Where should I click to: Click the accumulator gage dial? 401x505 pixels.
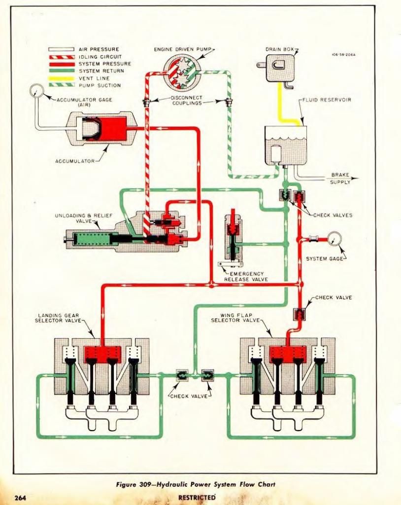(x=36, y=91)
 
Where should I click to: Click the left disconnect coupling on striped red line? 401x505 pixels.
(x=146, y=103)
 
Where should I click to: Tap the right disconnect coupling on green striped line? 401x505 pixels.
(x=229, y=103)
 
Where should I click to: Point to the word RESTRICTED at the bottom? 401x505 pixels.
(x=197, y=497)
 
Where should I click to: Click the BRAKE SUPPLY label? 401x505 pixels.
(x=340, y=179)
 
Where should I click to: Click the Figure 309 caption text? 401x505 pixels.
(x=195, y=484)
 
